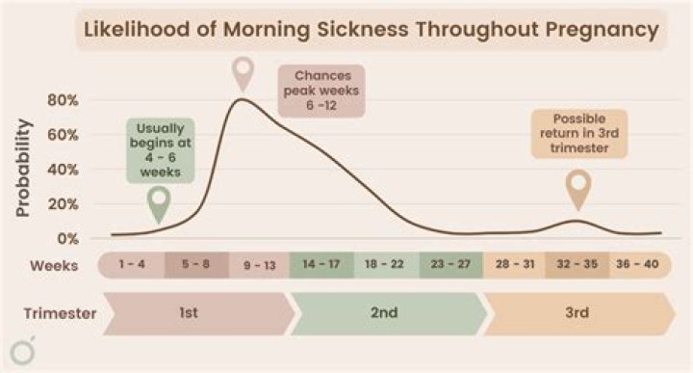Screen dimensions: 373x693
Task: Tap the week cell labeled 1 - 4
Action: tap(133, 264)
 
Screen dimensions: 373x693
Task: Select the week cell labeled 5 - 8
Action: tap(196, 264)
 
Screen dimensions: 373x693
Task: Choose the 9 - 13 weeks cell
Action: tap(260, 264)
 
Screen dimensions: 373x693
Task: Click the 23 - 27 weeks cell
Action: tap(450, 264)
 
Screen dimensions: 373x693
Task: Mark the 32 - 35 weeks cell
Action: tap(577, 264)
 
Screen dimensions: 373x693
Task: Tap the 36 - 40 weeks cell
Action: tap(639, 264)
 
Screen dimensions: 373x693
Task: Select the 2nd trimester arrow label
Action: tap(387, 313)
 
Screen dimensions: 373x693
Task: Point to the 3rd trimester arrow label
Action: tap(577, 313)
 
